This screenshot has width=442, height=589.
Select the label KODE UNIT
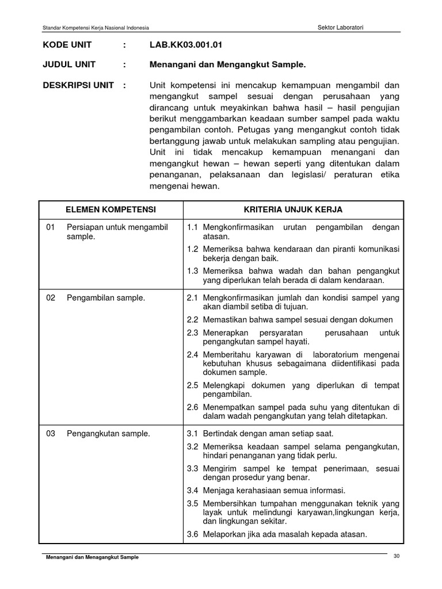pyautogui.click(x=67, y=45)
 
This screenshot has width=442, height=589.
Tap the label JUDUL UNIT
pyautogui.click(x=69, y=64)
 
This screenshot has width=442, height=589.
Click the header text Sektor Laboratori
pyautogui.click(x=345, y=27)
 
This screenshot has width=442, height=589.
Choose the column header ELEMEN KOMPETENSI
pyautogui.click(x=110, y=209)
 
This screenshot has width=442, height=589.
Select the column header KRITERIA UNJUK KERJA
pyautogui.click(x=293, y=209)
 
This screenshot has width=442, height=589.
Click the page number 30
pyautogui.click(x=396, y=556)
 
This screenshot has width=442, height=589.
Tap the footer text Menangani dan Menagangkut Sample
pyautogui.click(x=92, y=557)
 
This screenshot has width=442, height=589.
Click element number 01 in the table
pyautogui.click(x=51, y=227)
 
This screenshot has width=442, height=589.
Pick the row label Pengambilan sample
pyautogui.click(x=106, y=297)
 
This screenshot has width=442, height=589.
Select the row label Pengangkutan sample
pyautogui.click(x=108, y=433)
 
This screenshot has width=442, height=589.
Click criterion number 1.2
pyautogui.click(x=192, y=249)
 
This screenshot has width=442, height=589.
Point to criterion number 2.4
pyautogui.click(x=192, y=354)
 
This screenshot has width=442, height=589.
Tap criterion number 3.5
pyautogui.click(x=192, y=503)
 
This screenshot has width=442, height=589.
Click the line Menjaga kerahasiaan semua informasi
pyautogui.click(x=273, y=490)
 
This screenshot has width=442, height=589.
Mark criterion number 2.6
pyautogui.click(x=192, y=407)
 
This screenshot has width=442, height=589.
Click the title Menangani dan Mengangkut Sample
pyautogui.click(x=228, y=64)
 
